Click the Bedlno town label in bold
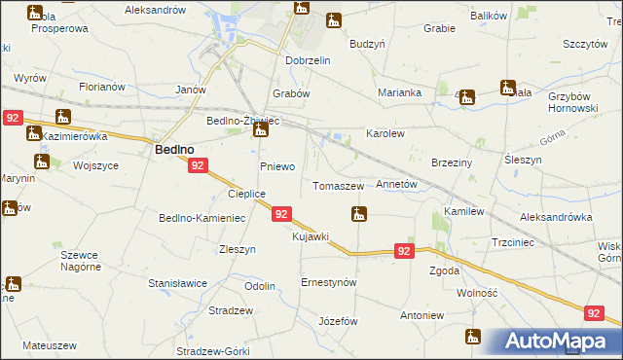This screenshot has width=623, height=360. click(178, 149)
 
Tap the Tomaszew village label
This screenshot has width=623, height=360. click(338, 185)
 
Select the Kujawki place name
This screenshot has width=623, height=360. click(311, 236)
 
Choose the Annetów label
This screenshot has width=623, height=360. click(396, 183)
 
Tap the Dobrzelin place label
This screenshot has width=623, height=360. click(309, 59)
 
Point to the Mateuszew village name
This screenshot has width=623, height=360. click(49, 345)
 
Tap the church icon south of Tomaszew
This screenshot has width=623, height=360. click(359, 213)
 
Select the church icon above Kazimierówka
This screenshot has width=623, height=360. click(64, 118)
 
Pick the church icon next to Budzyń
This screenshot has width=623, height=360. click(334, 19)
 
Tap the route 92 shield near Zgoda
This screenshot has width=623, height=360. click(406, 251)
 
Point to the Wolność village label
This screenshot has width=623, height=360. click(477, 292)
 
